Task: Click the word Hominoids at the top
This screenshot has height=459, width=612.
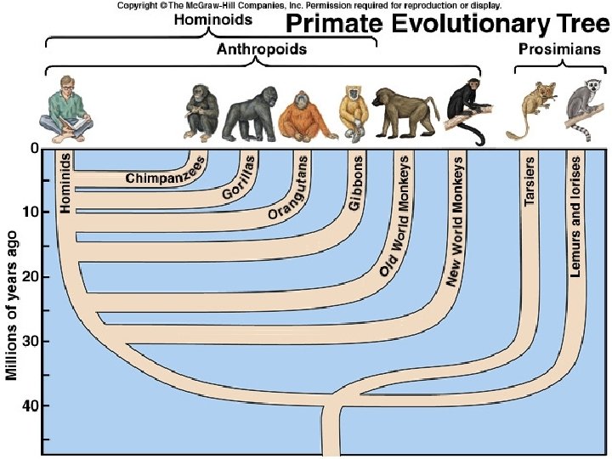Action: click(x=208, y=20)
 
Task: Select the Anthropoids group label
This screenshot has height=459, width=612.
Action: click(x=262, y=49)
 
